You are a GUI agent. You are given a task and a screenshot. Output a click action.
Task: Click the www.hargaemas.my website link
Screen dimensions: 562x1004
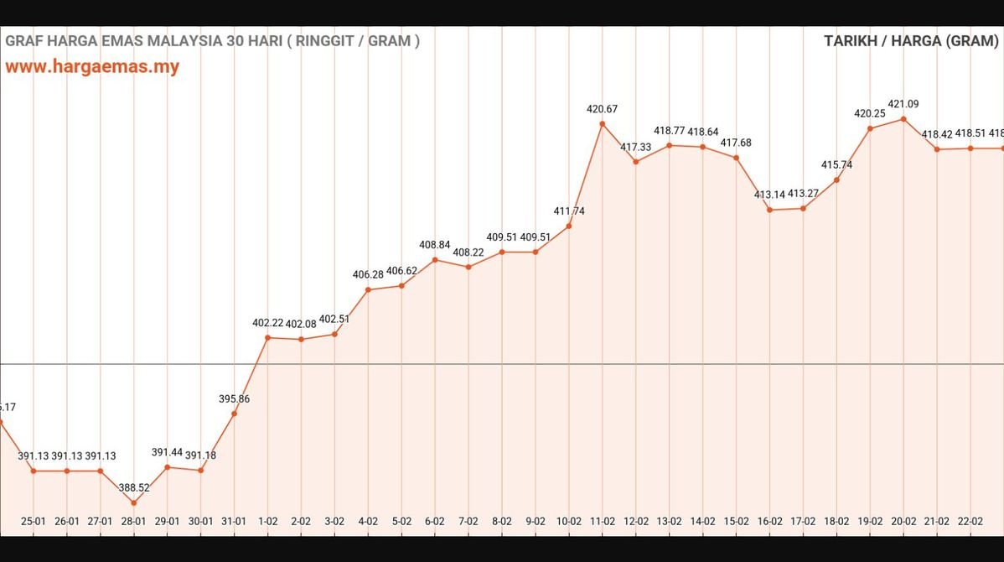(92, 67)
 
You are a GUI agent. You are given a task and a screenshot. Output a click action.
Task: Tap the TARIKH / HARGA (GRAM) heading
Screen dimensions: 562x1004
(911, 41)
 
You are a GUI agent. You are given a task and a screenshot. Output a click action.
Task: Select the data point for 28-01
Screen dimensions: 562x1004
(134, 503)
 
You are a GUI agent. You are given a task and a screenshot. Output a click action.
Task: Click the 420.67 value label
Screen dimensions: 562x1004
(602, 109)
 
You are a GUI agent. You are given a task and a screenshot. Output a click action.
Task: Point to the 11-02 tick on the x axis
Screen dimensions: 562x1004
(603, 521)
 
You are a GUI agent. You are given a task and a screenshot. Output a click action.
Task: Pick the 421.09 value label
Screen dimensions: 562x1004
(903, 104)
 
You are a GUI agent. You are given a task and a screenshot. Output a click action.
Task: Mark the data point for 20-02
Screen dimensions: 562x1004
(903, 119)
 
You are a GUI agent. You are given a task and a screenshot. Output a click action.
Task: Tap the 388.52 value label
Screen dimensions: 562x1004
(134, 487)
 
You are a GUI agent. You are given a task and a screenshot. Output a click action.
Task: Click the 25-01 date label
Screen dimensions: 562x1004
(34, 521)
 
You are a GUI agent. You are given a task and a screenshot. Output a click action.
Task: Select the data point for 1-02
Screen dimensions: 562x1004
(267, 337)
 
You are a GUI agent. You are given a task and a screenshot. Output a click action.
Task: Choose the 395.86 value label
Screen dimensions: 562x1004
(234, 399)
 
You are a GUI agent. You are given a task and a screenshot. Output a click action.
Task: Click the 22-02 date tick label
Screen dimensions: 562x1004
(970, 521)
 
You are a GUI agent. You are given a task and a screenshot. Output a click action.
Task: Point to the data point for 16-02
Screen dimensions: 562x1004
(769, 210)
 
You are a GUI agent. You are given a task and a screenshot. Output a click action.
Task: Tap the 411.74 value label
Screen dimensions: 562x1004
(569, 211)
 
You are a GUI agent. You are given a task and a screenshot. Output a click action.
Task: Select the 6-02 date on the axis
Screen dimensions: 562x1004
(435, 521)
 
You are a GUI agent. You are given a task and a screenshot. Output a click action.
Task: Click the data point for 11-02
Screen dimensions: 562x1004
(603, 124)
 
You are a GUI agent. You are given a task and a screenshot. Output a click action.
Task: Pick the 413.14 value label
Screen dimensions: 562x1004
(769, 195)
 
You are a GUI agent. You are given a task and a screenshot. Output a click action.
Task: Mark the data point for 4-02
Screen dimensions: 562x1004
(368, 290)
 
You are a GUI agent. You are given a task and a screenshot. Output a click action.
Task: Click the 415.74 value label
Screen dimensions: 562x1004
(836, 165)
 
